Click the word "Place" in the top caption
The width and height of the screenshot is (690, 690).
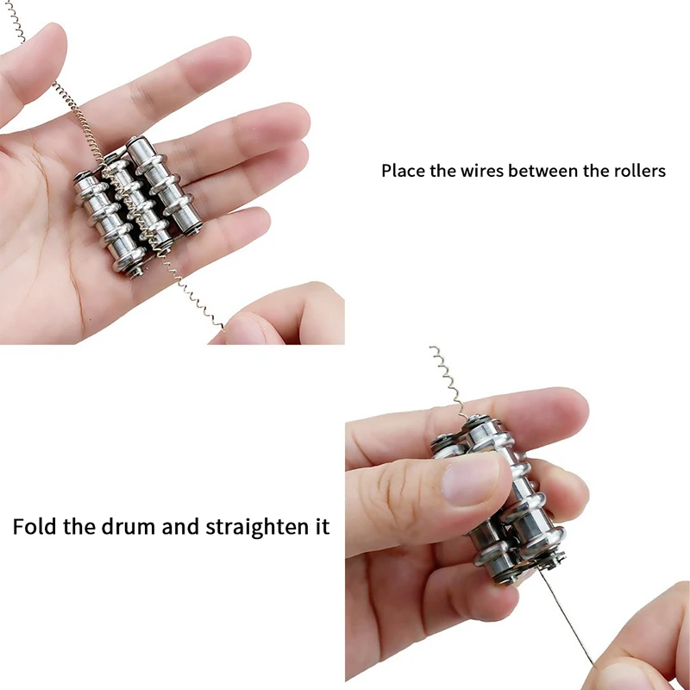pyautogui.click(x=403, y=171)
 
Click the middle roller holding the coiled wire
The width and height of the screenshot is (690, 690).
pyautogui.click(x=134, y=207)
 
